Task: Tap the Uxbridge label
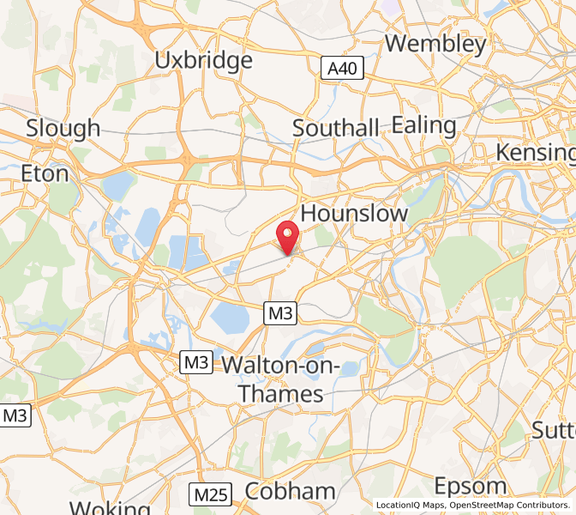[203, 60]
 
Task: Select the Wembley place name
[435, 43]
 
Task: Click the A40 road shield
[343, 70]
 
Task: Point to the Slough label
[63, 129]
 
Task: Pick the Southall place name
[335, 128]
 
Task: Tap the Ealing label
[423, 125]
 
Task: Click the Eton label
[45, 173]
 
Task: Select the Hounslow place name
[355, 214]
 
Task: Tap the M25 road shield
[210, 494]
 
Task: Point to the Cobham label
[290, 491]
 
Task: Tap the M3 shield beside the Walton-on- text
[196, 363]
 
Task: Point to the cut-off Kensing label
[535, 152]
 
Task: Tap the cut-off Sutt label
[553, 429]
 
